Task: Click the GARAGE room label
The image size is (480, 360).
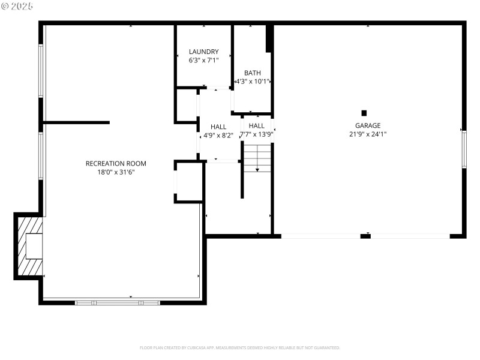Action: (x=367, y=125)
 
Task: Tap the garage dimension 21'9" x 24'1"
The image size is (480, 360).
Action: (x=367, y=134)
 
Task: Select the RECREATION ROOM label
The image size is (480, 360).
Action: (x=116, y=163)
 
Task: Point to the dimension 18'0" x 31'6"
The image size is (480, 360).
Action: (x=116, y=172)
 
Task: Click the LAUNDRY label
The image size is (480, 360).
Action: (x=203, y=52)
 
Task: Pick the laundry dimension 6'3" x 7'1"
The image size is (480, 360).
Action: (x=203, y=61)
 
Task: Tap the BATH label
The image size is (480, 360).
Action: (x=252, y=73)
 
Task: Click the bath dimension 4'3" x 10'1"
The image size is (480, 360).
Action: (x=252, y=82)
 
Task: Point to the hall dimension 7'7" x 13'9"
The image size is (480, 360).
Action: (x=257, y=134)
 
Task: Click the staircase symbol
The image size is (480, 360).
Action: (x=257, y=158)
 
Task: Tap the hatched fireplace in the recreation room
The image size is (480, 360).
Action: (x=30, y=246)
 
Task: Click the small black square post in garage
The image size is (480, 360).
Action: (x=364, y=113)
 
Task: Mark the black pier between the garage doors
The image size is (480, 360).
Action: (x=365, y=236)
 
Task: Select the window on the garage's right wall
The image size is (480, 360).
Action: (x=463, y=149)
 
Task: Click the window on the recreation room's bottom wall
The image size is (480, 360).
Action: (x=117, y=302)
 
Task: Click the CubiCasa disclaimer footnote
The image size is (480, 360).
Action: (x=240, y=347)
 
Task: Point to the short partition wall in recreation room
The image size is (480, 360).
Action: (x=76, y=122)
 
